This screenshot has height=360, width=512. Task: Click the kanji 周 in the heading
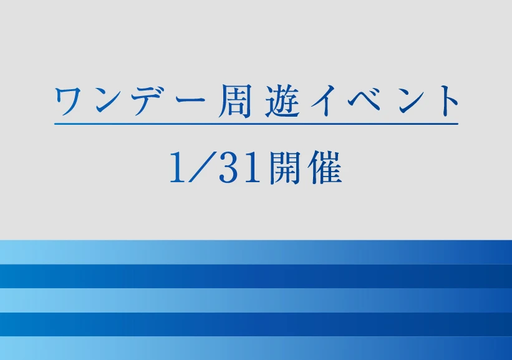[234, 100]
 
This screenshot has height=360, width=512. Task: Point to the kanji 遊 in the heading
[283, 100]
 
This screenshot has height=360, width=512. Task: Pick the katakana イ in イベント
[327, 100]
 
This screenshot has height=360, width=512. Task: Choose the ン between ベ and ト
[414, 100]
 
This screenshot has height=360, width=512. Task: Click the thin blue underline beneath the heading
[256, 124]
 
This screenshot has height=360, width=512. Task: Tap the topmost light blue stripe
[256, 252]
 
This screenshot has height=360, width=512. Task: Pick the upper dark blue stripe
[256, 276]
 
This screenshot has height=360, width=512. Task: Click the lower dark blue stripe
[256, 324]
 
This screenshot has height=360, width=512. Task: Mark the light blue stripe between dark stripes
[256, 301]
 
